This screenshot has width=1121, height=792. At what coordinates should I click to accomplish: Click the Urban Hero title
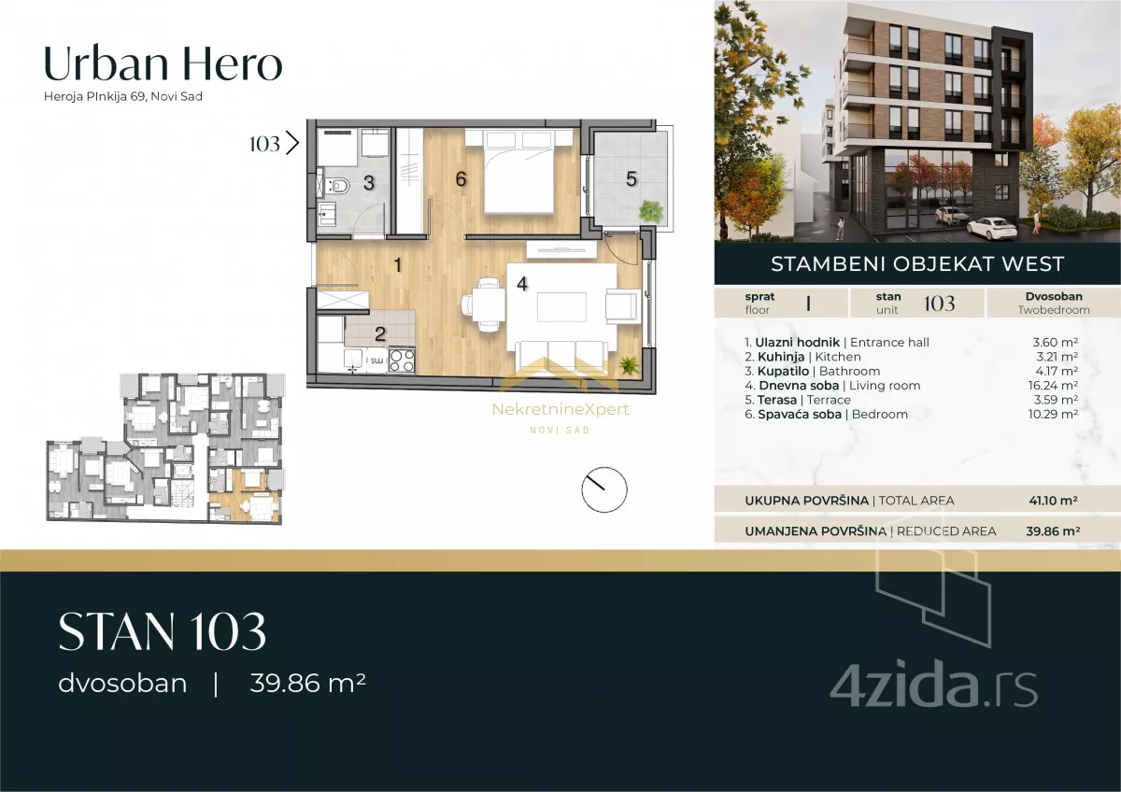(x=163, y=64)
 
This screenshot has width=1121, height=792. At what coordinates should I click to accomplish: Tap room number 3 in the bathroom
(x=369, y=183)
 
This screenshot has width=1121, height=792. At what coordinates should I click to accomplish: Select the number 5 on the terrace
(x=631, y=179)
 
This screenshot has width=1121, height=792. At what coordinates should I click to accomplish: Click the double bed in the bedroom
(x=518, y=171)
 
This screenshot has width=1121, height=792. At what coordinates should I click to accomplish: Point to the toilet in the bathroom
(x=337, y=186)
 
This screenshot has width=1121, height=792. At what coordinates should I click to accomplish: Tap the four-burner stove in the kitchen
(x=402, y=361)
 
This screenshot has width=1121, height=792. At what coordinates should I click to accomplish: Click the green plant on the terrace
(x=651, y=211)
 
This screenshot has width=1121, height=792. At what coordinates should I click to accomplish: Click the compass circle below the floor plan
(x=604, y=489)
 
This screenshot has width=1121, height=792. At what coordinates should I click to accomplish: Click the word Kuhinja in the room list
(x=781, y=357)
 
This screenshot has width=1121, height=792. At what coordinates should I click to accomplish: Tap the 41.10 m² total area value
(x=1054, y=501)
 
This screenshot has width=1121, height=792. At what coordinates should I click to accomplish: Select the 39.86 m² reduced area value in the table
(x=1053, y=530)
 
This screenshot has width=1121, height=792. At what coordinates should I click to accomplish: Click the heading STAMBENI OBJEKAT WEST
(x=917, y=263)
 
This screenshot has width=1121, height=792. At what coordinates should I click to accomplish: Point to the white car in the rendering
(x=991, y=227)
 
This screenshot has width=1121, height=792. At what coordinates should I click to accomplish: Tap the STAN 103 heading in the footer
(x=163, y=631)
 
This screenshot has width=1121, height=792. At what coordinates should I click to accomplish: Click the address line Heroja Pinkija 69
(x=123, y=96)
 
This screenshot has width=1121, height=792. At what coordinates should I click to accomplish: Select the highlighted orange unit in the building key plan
(x=245, y=495)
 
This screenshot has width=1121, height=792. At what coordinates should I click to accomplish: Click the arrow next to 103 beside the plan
(x=292, y=144)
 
